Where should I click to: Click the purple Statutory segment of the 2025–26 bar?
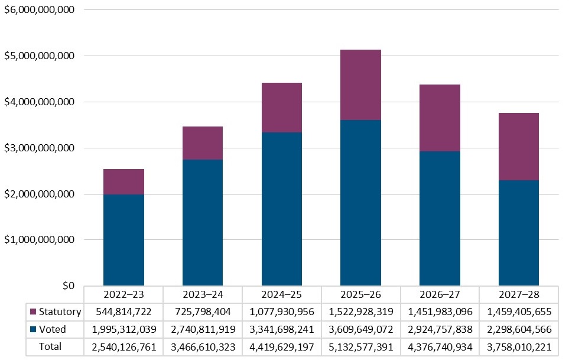pyautogui.click(x=360, y=85)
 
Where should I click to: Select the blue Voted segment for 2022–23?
pyautogui.click(x=123, y=239)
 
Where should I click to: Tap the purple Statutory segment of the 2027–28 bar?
pyautogui.click(x=519, y=146)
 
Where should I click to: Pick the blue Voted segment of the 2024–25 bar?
pyautogui.click(x=282, y=209)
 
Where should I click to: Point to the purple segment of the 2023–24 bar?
pyautogui.click(x=203, y=142)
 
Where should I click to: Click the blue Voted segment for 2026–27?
pyautogui.click(x=440, y=218)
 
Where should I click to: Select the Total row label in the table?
pyautogui.click(x=50, y=346)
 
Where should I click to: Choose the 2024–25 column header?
pyautogui.click(x=282, y=294)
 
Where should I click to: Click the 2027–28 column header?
pyautogui.click(x=519, y=294)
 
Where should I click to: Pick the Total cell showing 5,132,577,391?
pyautogui.click(x=360, y=346)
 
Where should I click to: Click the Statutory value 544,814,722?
pyautogui.click(x=123, y=312)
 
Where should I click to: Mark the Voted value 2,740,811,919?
pyautogui.click(x=203, y=329)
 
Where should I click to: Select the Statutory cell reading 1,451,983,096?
pyautogui.click(x=440, y=312)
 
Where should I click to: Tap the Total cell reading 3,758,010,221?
pyautogui.click(x=519, y=346)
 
